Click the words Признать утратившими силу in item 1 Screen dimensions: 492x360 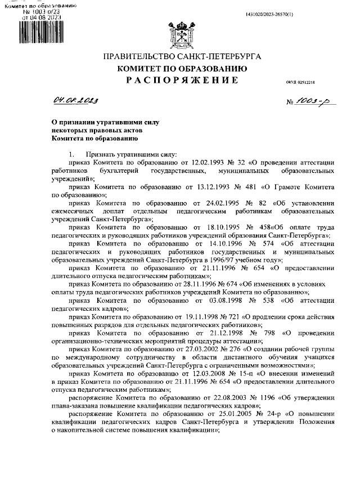130,153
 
